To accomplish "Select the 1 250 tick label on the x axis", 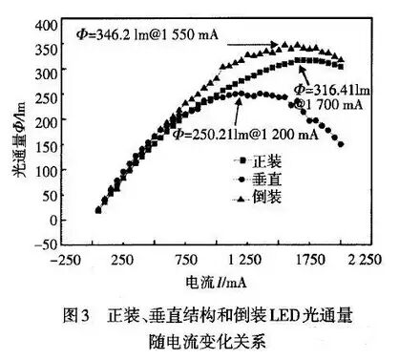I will click(x=247, y=262).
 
